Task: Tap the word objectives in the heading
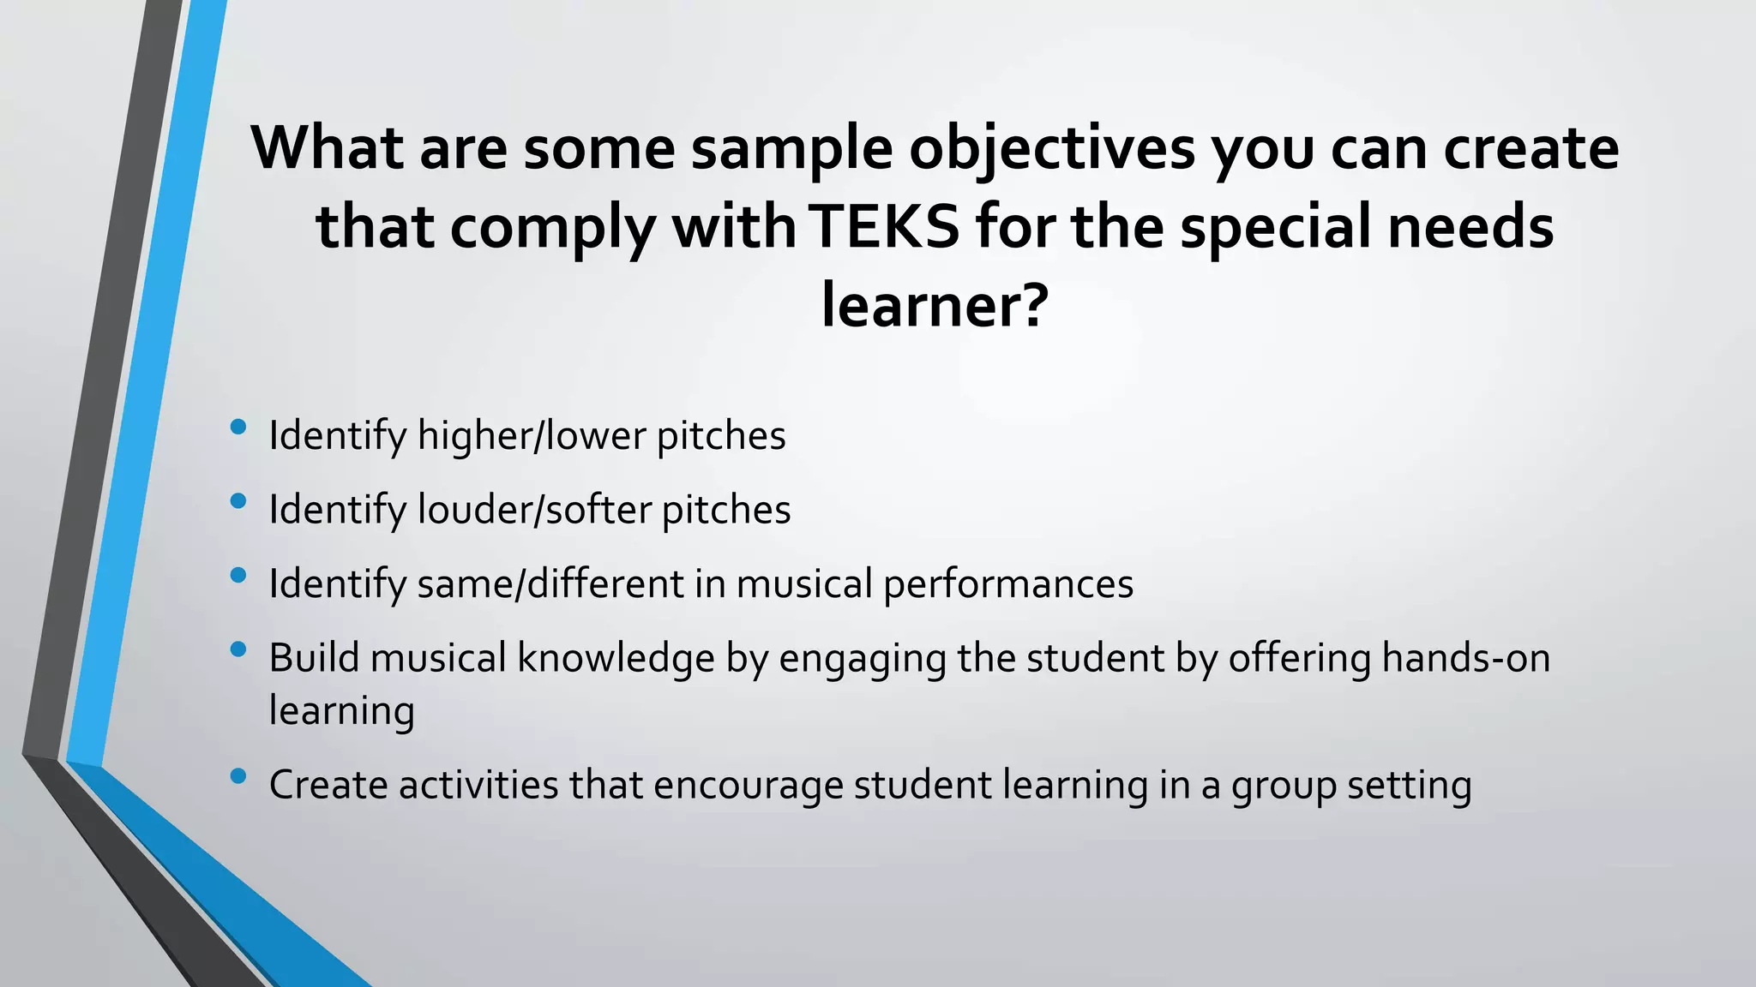[x=1052, y=148]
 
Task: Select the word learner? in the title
[x=935, y=306]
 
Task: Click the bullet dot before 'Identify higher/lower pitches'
[x=238, y=427]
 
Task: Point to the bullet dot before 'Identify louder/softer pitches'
[x=238, y=501]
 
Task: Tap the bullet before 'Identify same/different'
[x=238, y=575]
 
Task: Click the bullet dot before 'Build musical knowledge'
[x=238, y=649]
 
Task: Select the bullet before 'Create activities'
[x=238, y=776]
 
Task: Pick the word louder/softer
[x=534, y=510]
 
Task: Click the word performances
[x=1008, y=584]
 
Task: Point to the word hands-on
[x=1465, y=659]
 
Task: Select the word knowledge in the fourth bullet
[x=616, y=659]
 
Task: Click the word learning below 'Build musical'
[x=341, y=711]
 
